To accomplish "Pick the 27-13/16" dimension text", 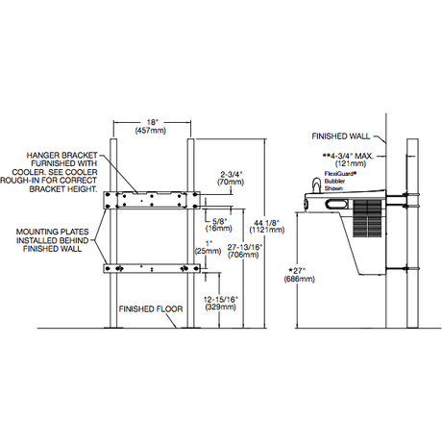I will click(237, 247).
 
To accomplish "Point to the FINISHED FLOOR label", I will click(150, 309).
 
